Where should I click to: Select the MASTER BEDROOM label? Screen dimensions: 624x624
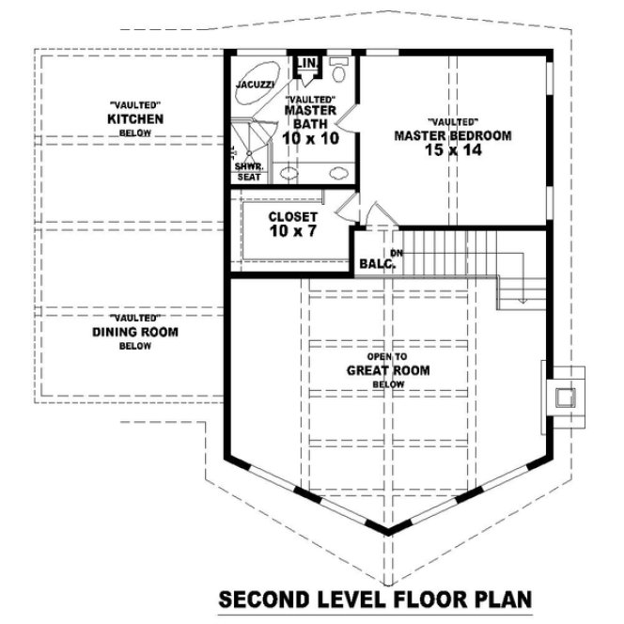[453, 136]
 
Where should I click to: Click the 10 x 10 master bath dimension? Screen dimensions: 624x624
[309, 139]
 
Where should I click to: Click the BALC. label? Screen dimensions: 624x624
[378, 265]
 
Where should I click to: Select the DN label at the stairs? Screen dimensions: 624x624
[397, 254]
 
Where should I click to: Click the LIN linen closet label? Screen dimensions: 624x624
[307, 64]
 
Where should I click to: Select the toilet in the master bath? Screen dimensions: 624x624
[339, 70]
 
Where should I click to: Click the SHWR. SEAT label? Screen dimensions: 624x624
[248, 171]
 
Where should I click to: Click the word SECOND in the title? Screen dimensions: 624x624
[261, 599]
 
